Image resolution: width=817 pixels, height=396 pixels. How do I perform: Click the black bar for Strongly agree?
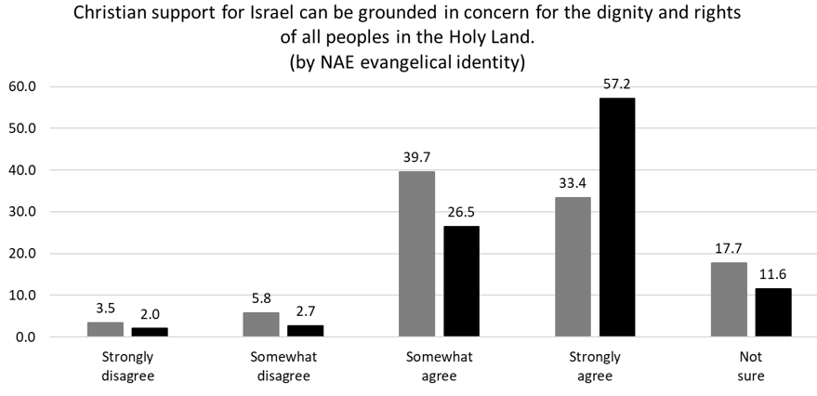tap(617, 218)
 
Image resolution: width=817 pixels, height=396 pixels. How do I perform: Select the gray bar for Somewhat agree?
tap(416, 254)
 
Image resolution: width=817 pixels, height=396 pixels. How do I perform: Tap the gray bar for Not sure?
tap(729, 299)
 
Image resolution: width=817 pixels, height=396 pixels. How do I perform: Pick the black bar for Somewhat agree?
tap(462, 282)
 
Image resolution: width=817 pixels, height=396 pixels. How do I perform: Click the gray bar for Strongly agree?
tap(573, 267)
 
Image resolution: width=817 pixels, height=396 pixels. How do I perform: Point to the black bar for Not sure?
tap(773, 312)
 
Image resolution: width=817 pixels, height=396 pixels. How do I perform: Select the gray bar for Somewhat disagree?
tap(261, 324)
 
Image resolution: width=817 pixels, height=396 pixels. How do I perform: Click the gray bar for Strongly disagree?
tap(105, 329)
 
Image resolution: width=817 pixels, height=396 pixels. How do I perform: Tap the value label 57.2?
tap(617, 85)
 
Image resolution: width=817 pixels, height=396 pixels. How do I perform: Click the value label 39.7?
tap(416, 158)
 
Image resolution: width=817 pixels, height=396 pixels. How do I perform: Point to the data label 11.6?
tap(773, 274)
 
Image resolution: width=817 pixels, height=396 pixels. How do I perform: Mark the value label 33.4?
tap(573, 184)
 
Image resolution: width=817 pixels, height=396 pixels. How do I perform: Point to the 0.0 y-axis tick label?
tap(25, 337)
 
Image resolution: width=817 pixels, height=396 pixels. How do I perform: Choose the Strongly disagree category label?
tap(128, 366)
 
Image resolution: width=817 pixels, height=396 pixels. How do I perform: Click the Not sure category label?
tap(751, 366)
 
